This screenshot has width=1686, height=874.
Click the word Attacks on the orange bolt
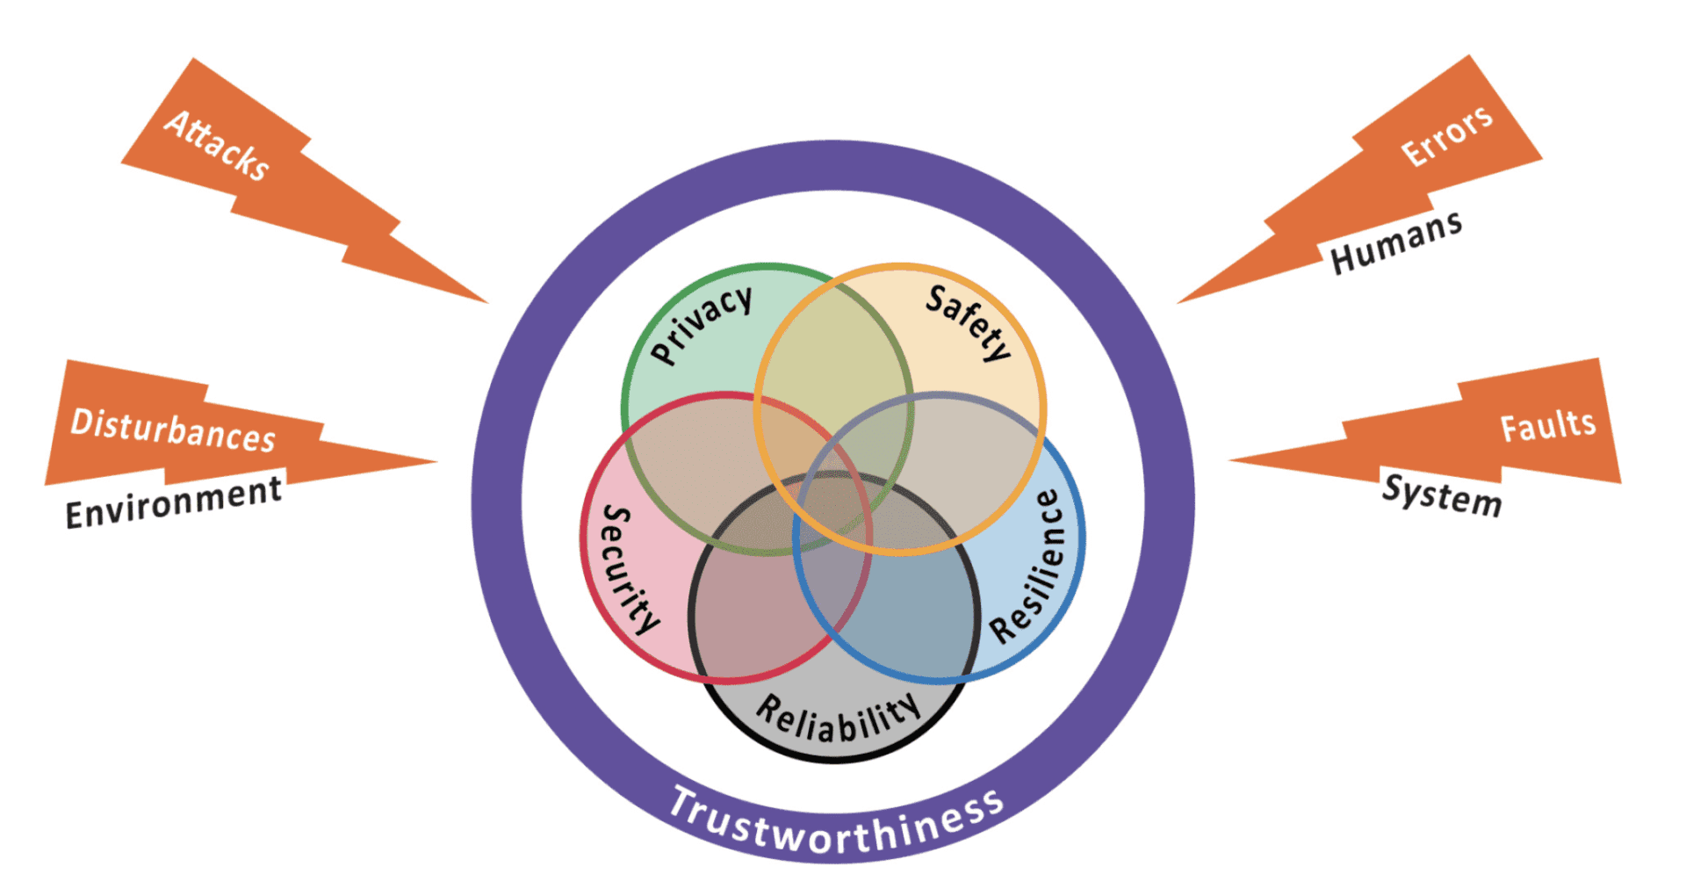tap(217, 146)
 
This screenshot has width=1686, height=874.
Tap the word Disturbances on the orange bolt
tap(173, 430)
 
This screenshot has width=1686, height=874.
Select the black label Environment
tap(174, 502)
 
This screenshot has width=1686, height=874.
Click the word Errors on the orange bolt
tap(1446, 137)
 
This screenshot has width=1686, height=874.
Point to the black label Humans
tap(1396, 243)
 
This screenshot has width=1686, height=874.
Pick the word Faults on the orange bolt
tap(1547, 427)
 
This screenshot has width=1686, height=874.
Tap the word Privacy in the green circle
tap(702, 324)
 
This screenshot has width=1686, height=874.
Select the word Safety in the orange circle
tap(969, 322)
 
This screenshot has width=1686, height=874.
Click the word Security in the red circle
tap(629, 568)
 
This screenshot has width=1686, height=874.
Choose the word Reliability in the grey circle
tap(839, 718)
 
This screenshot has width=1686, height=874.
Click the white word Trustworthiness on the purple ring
tap(836, 822)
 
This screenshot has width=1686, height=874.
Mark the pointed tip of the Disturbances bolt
tap(436, 460)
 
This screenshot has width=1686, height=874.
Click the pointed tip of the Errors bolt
tap(1178, 303)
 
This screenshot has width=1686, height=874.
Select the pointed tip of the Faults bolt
tap(1229, 459)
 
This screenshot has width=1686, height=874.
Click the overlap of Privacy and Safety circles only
tap(834, 351)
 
